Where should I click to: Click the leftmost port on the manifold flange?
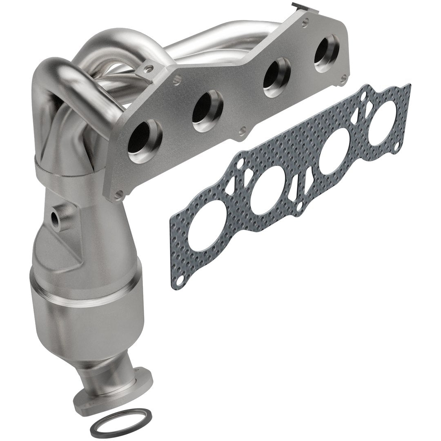144,141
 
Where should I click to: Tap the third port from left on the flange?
276,77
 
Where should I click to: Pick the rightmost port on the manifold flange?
326,53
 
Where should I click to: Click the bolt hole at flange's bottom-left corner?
118,195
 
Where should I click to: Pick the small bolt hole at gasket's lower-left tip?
179,281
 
